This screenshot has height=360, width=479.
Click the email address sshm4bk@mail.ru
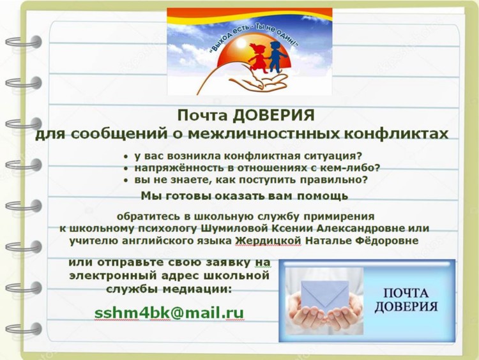[x=169, y=313]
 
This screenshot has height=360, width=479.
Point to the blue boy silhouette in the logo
[x=277, y=56]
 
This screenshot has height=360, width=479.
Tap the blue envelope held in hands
[x=324, y=296]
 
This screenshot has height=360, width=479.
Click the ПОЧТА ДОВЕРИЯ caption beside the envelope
[x=406, y=299]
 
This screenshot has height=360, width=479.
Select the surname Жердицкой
[x=268, y=241]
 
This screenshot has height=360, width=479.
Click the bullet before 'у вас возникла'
[x=126, y=156]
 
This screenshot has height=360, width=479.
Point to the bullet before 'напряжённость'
[x=126, y=169]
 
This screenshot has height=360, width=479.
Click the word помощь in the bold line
[x=323, y=196]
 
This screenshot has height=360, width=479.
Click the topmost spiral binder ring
[x=24, y=42]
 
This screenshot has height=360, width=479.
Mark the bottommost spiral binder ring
[x=24, y=329]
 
